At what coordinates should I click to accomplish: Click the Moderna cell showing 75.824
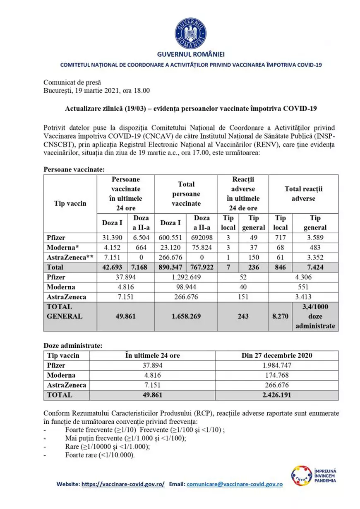[x=202, y=247]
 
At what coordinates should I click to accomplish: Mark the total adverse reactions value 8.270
[x=280, y=316]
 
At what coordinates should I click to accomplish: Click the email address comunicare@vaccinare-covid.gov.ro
[x=235, y=484]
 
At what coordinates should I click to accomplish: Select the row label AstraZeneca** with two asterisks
[x=70, y=258]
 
